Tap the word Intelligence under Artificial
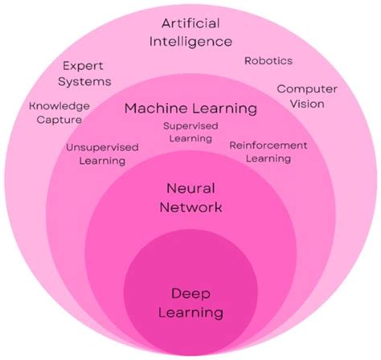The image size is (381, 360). pyautogui.click(x=190, y=40)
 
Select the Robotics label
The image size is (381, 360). pyautogui.click(x=268, y=61)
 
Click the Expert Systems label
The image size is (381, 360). pyautogui.click(x=84, y=74)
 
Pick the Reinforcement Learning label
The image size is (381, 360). pyautogui.click(x=268, y=152)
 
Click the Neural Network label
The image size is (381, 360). pyautogui.click(x=190, y=198)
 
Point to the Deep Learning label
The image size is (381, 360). pyautogui.click(x=190, y=302)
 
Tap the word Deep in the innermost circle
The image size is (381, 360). pyautogui.click(x=190, y=293)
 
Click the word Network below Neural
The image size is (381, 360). pyautogui.click(x=190, y=208)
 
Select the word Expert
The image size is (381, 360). pyautogui.click(x=84, y=67)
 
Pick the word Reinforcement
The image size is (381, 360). pyautogui.click(x=268, y=145)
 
